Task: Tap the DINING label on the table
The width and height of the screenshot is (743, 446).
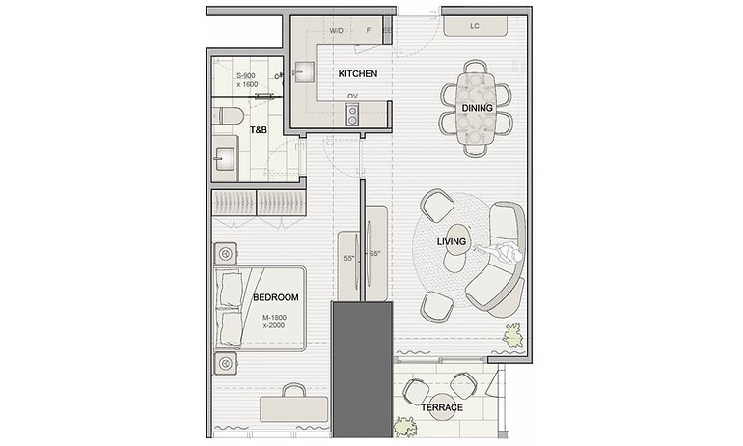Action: coord(478,108)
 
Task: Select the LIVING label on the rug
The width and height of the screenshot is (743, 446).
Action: coord(452,241)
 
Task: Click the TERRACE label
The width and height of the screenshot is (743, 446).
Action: coord(442,407)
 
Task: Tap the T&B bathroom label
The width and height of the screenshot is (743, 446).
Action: coord(259,129)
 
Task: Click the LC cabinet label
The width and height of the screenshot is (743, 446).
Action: coord(475,27)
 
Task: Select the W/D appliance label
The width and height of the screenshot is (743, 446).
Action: coord(336,31)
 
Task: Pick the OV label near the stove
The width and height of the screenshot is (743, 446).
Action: coord(353,97)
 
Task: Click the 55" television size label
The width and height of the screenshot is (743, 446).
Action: coord(349,259)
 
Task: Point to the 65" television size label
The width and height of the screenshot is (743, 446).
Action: coord(374,254)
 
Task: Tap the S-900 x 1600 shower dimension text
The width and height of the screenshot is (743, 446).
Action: coord(248,79)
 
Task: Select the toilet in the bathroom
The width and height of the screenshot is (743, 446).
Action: coord(228,118)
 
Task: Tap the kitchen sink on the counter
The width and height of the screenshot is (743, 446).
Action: coord(304,71)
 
